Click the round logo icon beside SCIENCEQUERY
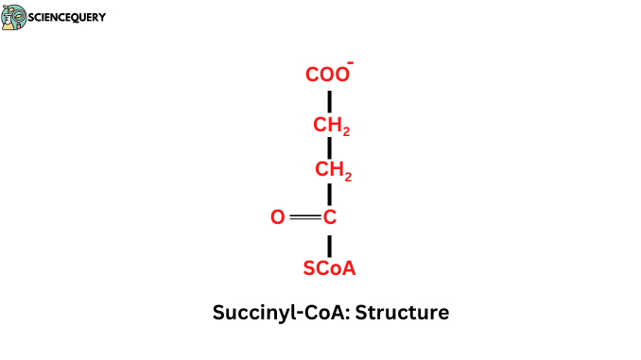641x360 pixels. [x=14, y=17]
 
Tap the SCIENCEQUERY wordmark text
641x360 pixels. [x=68, y=17]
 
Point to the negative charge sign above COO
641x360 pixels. [x=351, y=62]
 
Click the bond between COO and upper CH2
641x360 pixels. [x=329, y=100]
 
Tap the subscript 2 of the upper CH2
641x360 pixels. [x=346, y=130]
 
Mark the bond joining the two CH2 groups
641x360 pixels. [x=329, y=149]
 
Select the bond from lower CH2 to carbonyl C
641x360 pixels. [x=329, y=195]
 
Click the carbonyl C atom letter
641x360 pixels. [x=330, y=218]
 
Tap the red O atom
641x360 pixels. [x=277, y=218]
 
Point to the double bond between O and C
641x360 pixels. [x=305, y=218]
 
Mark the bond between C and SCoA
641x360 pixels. [x=329, y=244]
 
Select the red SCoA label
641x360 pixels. [x=329, y=269]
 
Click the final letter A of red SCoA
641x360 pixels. [x=349, y=269]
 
